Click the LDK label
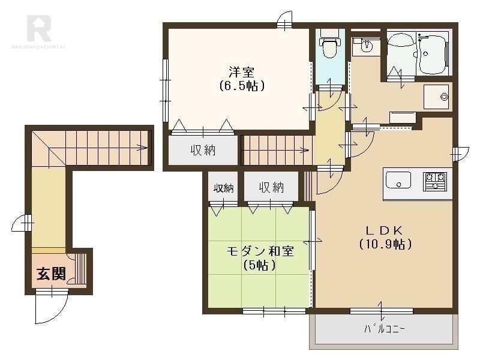[385, 230]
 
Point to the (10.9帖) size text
[385, 244]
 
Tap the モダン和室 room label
[260, 251]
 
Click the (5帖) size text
[260, 265]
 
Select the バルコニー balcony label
[385, 329]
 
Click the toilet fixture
[328, 47]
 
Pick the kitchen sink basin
[398, 180]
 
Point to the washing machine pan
[436, 97]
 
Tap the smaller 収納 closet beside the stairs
[224, 188]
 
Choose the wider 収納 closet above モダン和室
[271, 187]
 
